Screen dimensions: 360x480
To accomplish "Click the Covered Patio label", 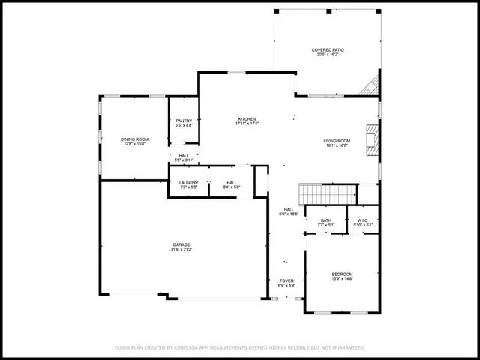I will click(x=327, y=49).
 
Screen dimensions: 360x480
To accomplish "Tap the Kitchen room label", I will click(x=247, y=119).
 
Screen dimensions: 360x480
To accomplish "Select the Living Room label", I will click(x=337, y=141).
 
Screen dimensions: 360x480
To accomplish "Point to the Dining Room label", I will click(x=135, y=139).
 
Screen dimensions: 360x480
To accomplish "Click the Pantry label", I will click(x=184, y=121).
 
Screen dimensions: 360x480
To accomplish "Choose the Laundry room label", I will click(x=189, y=183).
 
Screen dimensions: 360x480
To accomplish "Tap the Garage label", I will click(x=181, y=244).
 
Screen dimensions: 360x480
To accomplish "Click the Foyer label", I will click(x=287, y=281).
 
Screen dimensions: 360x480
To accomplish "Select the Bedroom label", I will click(x=342, y=274).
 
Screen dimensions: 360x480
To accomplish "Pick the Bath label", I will click(x=326, y=220).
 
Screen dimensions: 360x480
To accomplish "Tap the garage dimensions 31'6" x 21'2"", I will click(x=181, y=250).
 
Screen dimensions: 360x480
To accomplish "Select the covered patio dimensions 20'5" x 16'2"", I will click(x=327, y=55).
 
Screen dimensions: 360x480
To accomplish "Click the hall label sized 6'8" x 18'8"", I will click(x=289, y=212).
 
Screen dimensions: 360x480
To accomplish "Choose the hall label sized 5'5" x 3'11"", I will click(x=184, y=160).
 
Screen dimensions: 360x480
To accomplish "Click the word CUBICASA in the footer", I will click(x=193, y=348).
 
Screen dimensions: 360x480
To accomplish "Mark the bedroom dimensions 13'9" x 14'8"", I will click(x=342, y=280).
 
